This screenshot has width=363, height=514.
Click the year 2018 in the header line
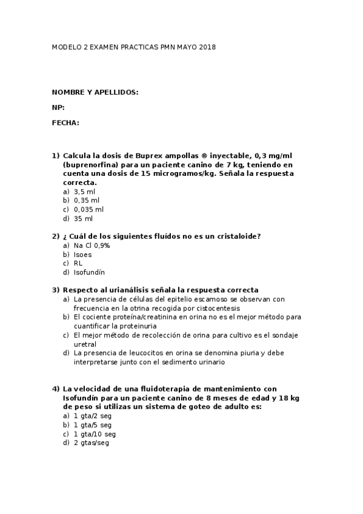click(207, 47)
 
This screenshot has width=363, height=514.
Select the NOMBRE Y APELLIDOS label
click(95, 92)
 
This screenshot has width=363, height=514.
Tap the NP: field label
click(58, 107)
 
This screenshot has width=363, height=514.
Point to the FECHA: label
click(65, 122)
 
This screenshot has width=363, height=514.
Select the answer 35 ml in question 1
click(83, 218)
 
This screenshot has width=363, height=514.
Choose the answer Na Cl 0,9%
click(92, 245)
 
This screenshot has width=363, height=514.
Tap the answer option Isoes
click(82, 255)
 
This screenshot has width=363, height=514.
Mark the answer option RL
click(78, 264)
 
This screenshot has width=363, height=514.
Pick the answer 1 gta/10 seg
click(95, 434)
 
